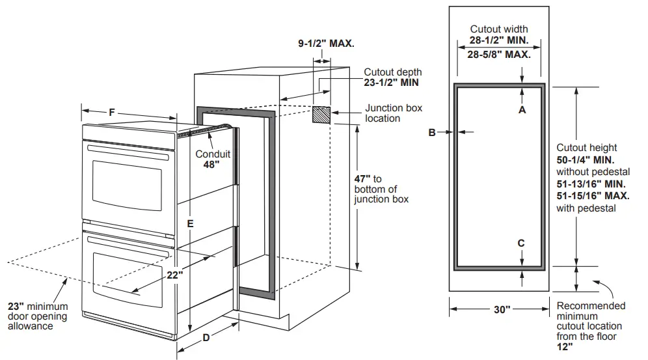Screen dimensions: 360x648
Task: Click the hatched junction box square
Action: click(321, 115)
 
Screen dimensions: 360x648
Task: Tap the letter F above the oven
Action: click(112, 113)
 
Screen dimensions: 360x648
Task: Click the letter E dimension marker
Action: click(189, 223)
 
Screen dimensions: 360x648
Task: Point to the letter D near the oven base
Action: click(206, 337)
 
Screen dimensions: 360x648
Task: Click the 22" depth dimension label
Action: click(173, 275)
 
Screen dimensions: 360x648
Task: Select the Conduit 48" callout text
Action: click(213, 159)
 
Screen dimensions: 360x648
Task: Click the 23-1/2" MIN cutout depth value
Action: click(391, 83)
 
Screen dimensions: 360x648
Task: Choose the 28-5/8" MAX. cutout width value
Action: click(499, 54)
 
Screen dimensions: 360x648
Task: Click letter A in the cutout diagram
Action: click(522, 110)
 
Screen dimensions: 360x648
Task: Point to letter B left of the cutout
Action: click(431, 132)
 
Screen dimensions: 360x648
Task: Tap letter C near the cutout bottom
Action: click(521, 243)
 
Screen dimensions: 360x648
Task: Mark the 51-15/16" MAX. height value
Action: click(593, 195)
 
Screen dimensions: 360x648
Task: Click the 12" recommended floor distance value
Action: click(565, 348)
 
